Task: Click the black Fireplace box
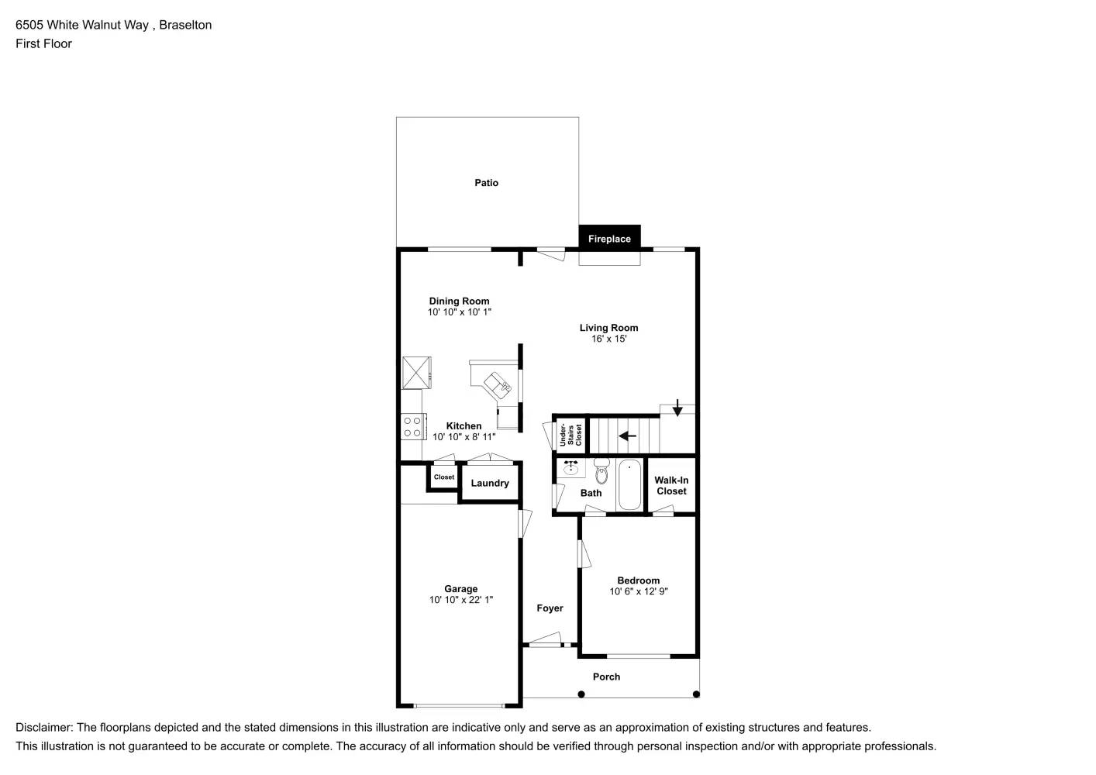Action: [x=609, y=238]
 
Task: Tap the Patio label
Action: [x=486, y=183]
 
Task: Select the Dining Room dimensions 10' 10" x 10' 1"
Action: [x=459, y=312]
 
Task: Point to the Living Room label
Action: [x=608, y=328]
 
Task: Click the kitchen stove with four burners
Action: [x=412, y=426]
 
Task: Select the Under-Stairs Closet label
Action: [x=570, y=435]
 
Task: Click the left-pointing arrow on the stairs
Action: [x=627, y=436]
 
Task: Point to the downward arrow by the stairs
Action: [x=677, y=407]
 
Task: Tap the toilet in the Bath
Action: [x=601, y=471]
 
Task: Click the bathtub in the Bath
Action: [x=629, y=485]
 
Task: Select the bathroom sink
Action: [x=571, y=467]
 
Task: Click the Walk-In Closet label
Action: [x=671, y=486]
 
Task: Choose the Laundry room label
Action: [x=490, y=484]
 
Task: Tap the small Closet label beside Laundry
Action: [x=444, y=477]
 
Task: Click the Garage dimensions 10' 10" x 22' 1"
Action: [x=460, y=600]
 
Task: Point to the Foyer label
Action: [x=550, y=608]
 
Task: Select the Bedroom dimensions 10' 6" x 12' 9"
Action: [x=638, y=591]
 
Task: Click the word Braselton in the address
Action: [x=185, y=25]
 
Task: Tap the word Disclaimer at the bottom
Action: [x=43, y=728]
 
